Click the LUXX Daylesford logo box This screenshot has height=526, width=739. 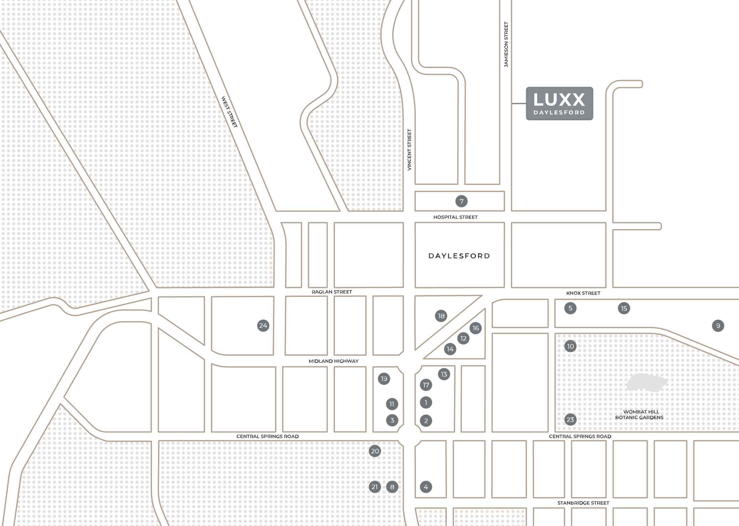tap(559, 103)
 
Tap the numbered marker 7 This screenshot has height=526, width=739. tap(461, 201)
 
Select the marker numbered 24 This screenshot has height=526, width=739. tap(263, 325)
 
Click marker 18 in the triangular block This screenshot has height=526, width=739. tap(441, 316)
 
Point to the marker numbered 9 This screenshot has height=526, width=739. tap(718, 325)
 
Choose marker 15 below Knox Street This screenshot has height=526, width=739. tap(624, 308)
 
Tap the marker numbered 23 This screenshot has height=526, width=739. tap(570, 419)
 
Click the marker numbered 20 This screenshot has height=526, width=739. tap(375, 451)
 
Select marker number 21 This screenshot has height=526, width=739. tap(374, 487)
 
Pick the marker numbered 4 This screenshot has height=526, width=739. tap(426, 487)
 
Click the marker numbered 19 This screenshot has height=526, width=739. tap(384, 379)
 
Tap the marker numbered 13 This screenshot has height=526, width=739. tap(444, 374)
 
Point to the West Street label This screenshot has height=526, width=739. tap(229, 112)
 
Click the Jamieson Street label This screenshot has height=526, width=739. tap(506, 45)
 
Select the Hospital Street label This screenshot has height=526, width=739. tap(455, 217)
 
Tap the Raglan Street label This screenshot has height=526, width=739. tap(332, 292)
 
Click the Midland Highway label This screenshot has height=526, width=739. tap(333, 361)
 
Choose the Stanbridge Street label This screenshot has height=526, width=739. tap(583, 503)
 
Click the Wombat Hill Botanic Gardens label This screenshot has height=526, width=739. tap(639, 415)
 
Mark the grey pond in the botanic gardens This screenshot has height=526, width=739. tap(647, 383)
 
